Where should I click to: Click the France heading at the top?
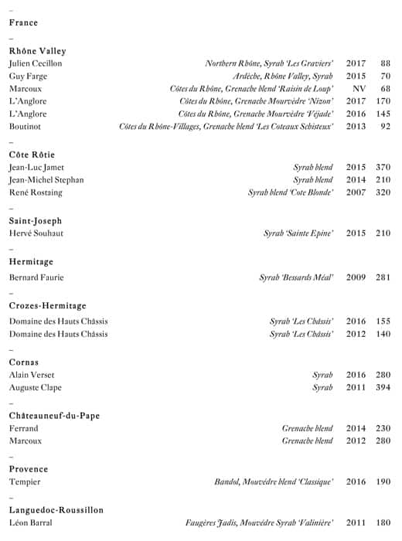coord(23,22)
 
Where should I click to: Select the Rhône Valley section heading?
coord(37,51)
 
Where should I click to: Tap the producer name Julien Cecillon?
coord(36,63)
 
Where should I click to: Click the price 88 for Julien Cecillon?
coord(385,63)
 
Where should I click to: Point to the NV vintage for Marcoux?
coord(356,89)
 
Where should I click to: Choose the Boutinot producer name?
coord(25,126)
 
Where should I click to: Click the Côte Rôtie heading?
coord(32,155)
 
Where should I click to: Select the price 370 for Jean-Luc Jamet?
coord(383,168)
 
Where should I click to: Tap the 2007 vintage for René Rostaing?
coord(356,192)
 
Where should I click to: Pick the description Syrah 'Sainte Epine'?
coord(298,233)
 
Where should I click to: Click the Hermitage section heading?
coord(31,262)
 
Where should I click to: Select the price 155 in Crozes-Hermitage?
coord(383,322)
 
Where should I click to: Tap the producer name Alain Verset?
coord(31,375)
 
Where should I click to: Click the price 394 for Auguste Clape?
coord(383,387)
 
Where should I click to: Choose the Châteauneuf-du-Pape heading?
coord(54,416)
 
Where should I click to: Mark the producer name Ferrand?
coord(23,428)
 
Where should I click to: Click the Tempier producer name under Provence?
coord(25,482)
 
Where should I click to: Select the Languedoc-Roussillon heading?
coord(56,510)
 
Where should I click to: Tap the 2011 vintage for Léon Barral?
coord(356,523)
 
